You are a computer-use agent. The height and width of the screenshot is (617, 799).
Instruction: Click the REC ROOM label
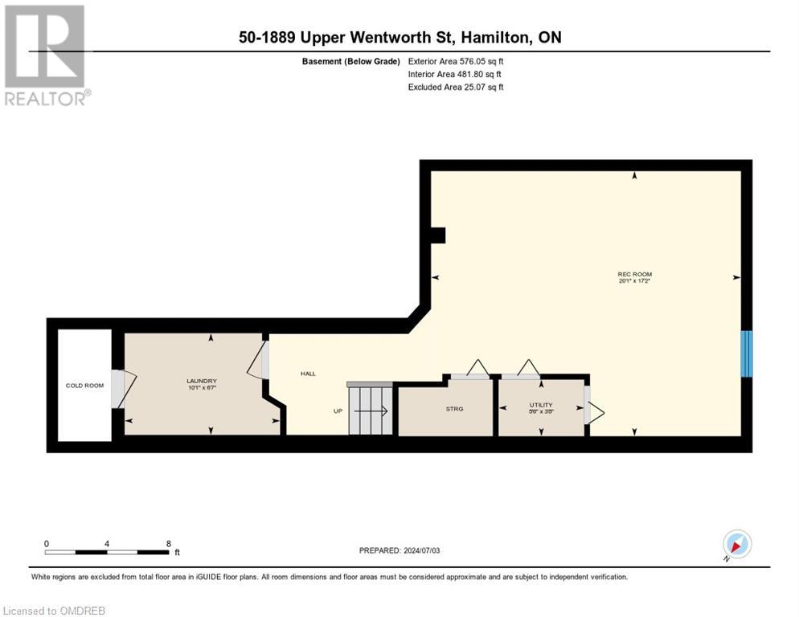(634, 275)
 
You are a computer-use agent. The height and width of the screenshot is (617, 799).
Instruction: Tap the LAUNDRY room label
(202, 381)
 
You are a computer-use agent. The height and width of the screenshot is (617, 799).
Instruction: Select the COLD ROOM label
(84, 386)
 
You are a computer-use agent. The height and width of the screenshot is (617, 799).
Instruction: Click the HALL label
(308, 374)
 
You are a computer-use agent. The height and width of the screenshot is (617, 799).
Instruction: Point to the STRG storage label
(454, 409)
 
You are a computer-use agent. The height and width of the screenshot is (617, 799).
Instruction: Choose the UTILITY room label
(540, 405)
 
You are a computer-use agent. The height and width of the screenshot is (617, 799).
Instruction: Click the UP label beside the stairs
(338, 411)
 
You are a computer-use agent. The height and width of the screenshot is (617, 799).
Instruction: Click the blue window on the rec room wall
(746, 353)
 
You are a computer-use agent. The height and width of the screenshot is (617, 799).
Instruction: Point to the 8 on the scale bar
(168, 543)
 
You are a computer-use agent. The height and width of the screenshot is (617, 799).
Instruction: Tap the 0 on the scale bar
(47, 543)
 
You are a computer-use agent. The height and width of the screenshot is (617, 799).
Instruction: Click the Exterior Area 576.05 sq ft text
(455, 61)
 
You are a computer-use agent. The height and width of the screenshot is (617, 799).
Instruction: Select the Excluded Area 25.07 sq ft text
(455, 87)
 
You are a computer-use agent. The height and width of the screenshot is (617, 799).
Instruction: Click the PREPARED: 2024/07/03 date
(399, 550)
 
